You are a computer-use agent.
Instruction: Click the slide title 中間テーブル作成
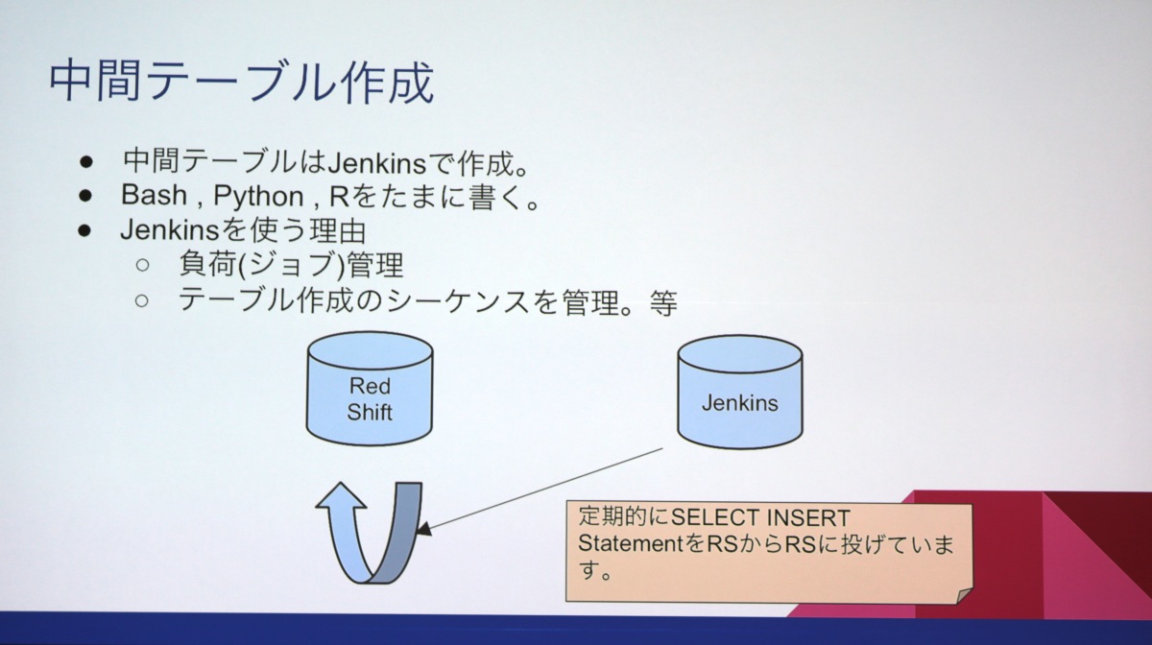(241, 83)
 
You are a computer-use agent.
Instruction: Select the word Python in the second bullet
(257, 196)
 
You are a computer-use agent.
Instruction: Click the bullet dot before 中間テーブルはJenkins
(86, 159)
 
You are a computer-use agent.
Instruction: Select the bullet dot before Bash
(86, 196)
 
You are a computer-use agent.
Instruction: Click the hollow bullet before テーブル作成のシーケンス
(142, 301)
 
